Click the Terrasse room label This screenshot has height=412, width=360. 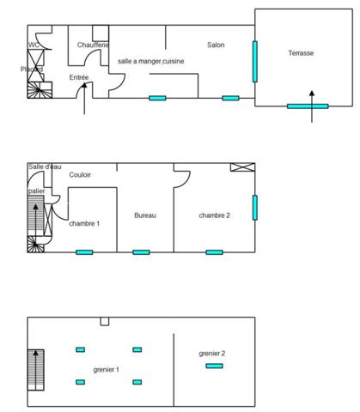pos(300,53)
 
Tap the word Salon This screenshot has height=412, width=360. pos(216,45)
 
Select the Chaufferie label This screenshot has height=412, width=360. pos(92,45)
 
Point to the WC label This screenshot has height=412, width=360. pos(34,45)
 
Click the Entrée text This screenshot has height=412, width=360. pos(79,78)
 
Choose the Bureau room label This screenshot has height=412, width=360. pos(145,215)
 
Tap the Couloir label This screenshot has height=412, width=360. pos(80,175)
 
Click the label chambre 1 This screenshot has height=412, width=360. pos(84,223)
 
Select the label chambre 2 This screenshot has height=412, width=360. pos(214,215)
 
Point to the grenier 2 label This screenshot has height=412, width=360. pos(211,353)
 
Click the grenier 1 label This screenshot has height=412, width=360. pos(106,369)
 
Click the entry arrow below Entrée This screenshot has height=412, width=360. pos(82,104)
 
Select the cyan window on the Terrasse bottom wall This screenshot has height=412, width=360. pos(307,106)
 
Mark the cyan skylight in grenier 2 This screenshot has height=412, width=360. pos(214,367)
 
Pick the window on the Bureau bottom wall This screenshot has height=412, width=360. pos(141,252)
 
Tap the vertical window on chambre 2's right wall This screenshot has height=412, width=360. pos(254,207)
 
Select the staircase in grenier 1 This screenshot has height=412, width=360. pos(36,368)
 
